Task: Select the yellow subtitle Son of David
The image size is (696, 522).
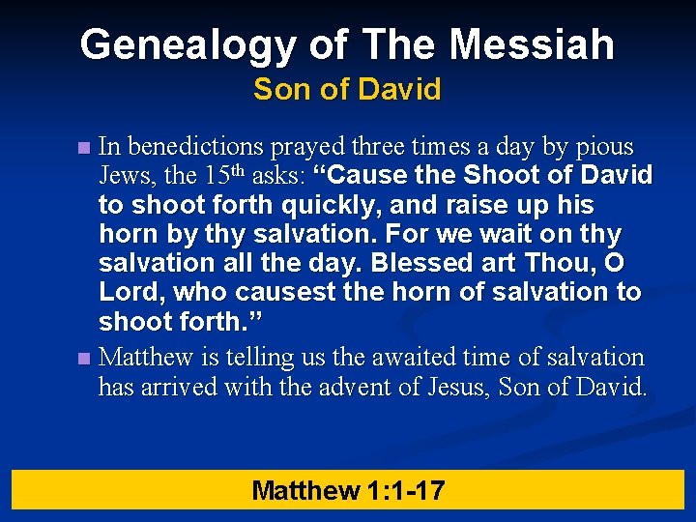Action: (x=347, y=90)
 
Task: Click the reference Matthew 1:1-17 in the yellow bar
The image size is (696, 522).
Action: (x=348, y=490)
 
